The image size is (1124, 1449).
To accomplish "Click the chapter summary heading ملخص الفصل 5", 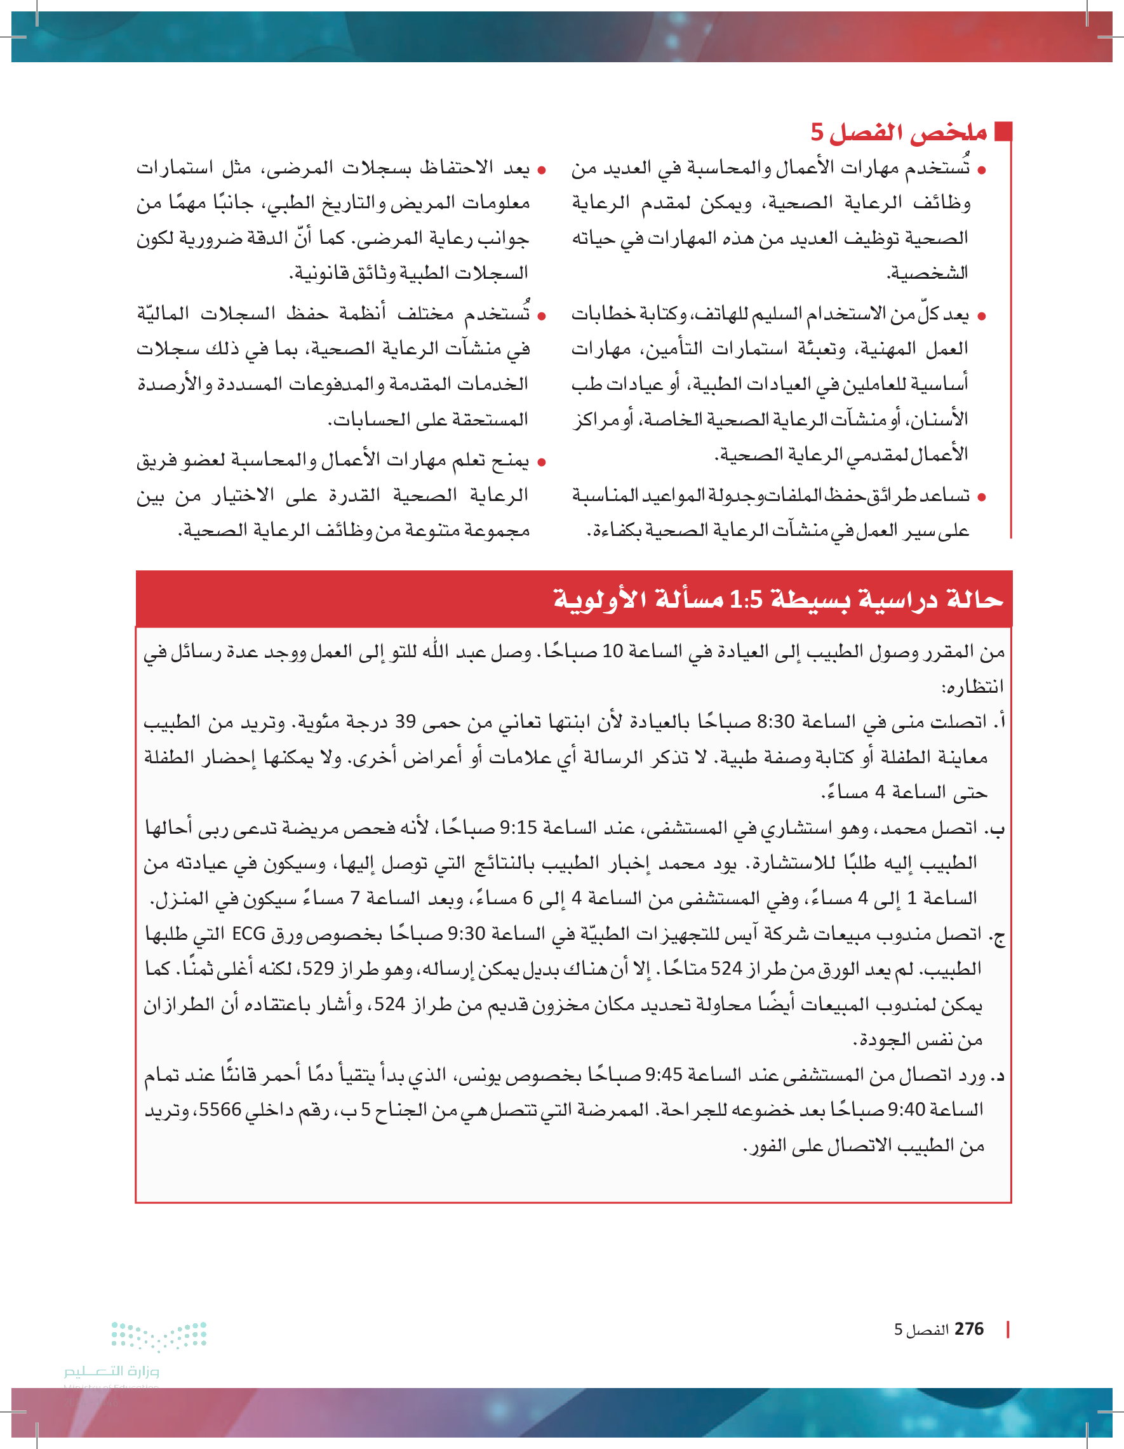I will pyautogui.click(x=899, y=132).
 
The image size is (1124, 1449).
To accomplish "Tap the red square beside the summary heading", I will pyautogui.click(x=1003, y=131).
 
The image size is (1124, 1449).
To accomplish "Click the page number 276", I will pyautogui.click(x=969, y=1329).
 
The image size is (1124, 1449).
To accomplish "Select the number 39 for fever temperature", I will pyautogui.click(x=405, y=721).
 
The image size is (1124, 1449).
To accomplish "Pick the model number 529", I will pyautogui.click(x=318, y=969).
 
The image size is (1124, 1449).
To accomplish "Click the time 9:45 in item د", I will pyautogui.click(x=664, y=1075).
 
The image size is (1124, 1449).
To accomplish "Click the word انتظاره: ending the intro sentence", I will pyautogui.click(x=972, y=686).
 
